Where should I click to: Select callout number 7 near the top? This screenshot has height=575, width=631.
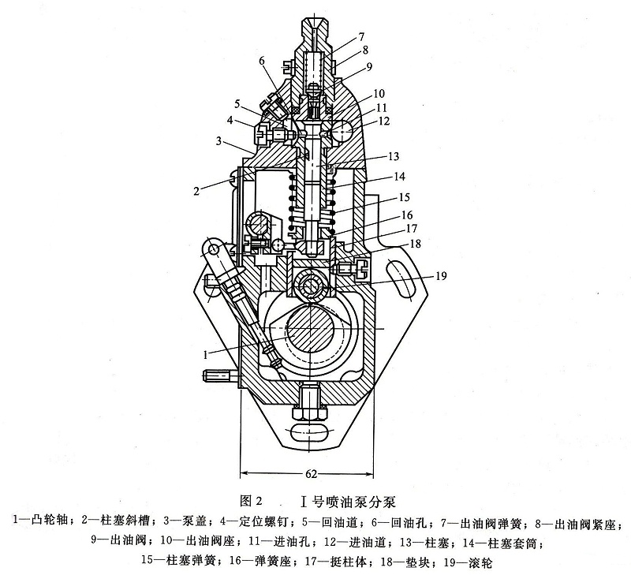[360, 37]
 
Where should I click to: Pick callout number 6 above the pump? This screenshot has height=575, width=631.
[261, 62]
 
